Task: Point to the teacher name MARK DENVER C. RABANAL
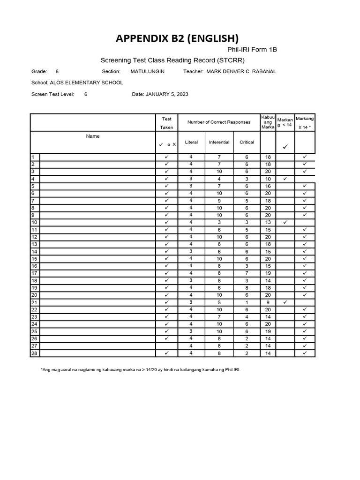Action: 241,71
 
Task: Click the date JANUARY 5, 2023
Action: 167,94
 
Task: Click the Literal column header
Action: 191,142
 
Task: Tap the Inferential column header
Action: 219,142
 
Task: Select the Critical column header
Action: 247,142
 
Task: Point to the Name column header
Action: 93,136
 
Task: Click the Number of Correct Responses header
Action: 219,122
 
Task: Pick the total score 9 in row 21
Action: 268,302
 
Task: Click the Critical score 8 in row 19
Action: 247,288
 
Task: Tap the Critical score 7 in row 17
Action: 247,273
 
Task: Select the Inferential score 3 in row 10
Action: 219,222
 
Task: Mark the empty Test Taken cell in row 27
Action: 166,346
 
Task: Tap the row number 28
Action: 34,353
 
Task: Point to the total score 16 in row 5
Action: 268,186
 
